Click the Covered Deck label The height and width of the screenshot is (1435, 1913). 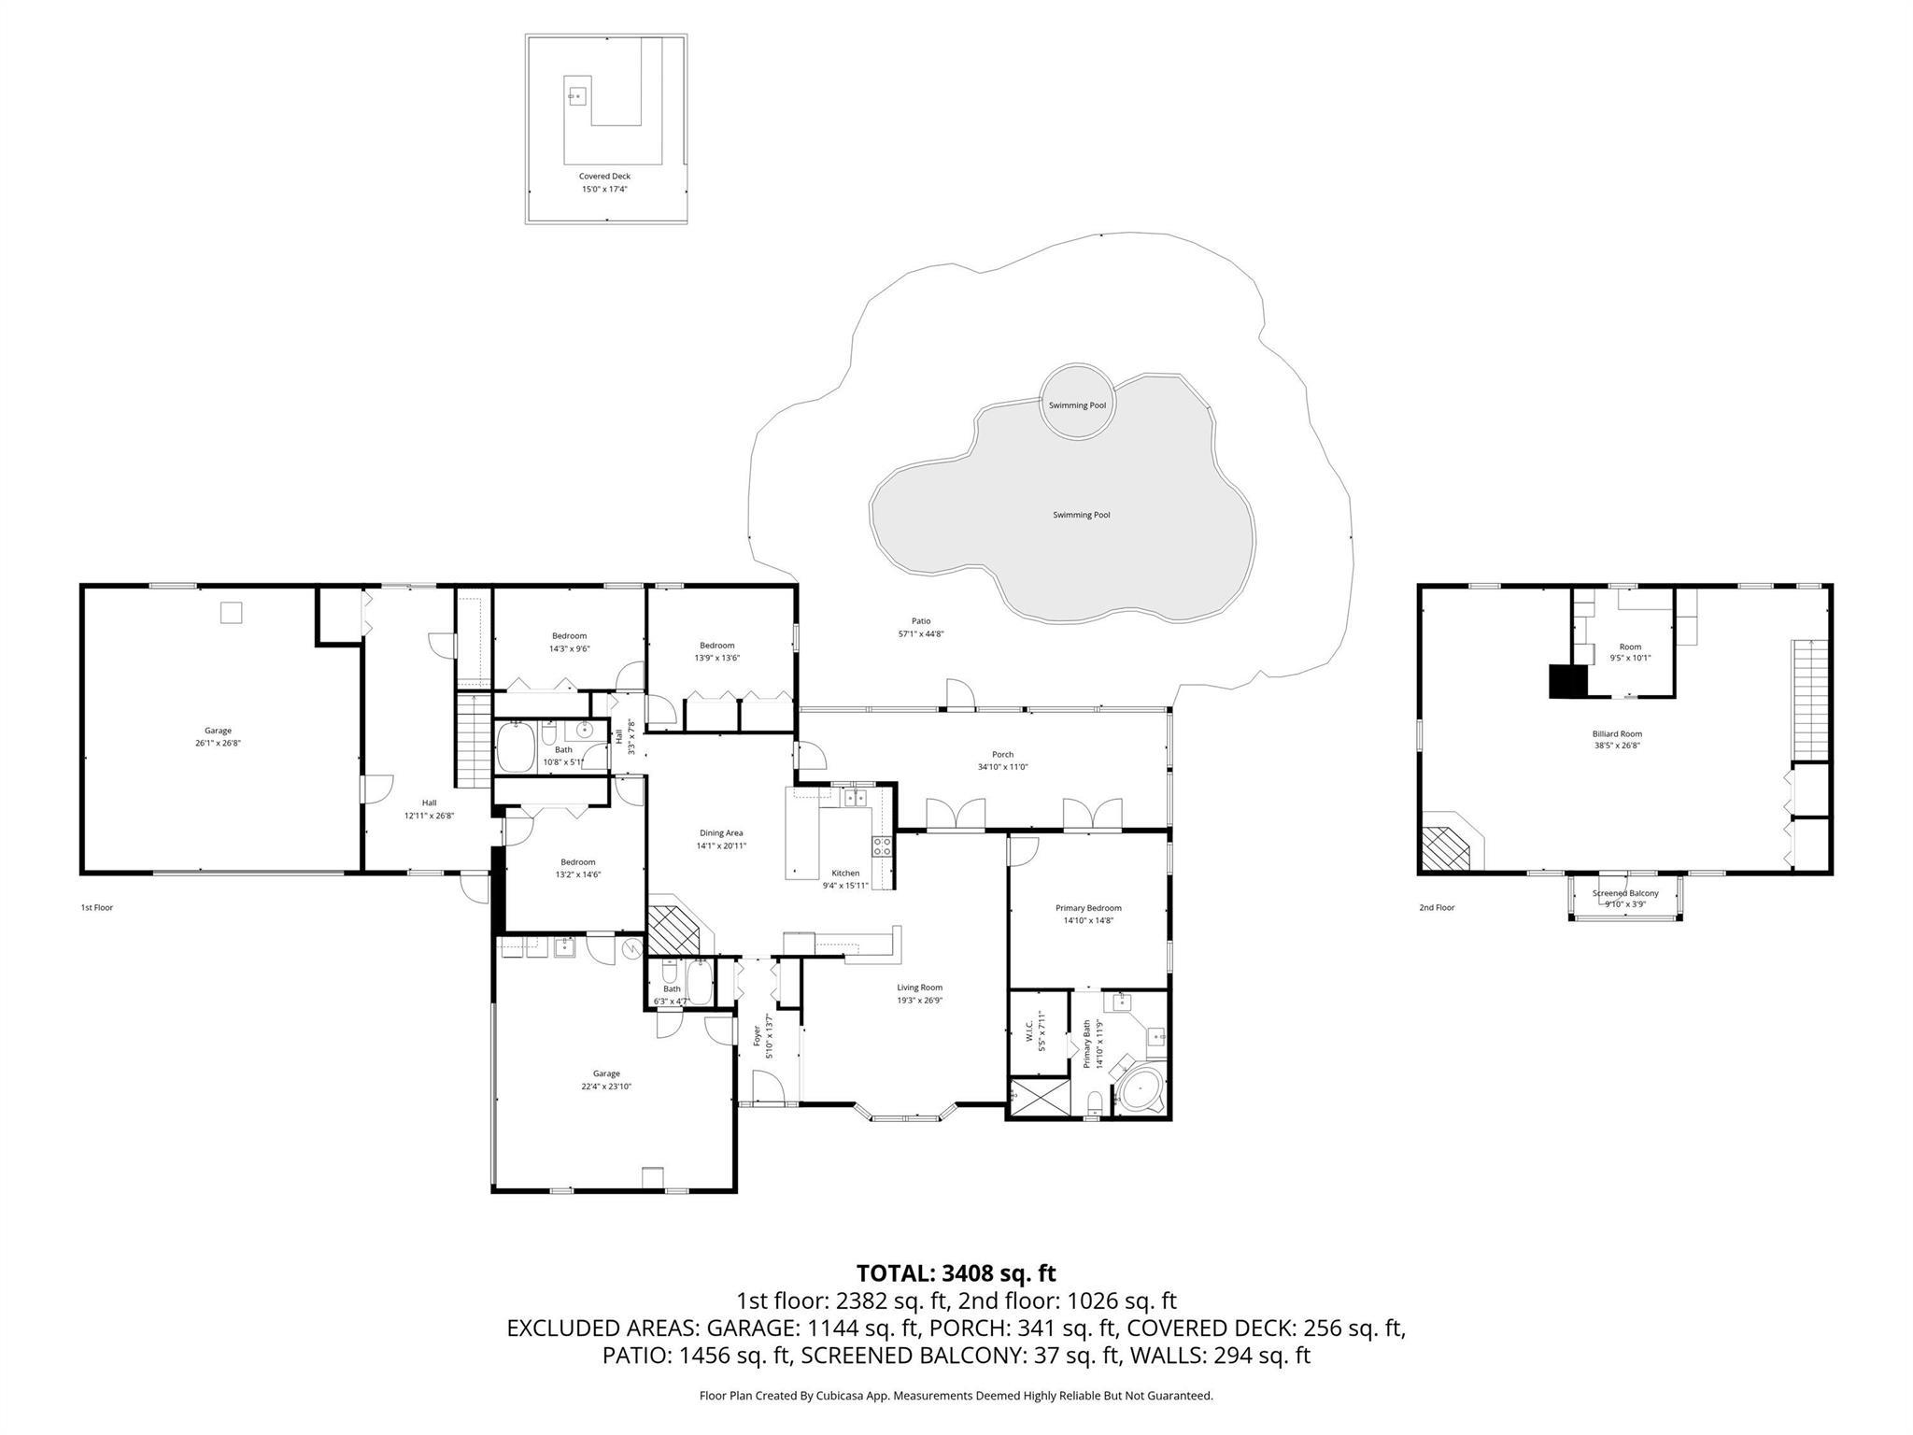click(604, 176)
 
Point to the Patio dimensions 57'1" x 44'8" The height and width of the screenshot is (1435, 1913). click(920, 633)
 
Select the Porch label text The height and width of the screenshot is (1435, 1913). click(1002, 754)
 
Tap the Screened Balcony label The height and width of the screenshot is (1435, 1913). click(1625, 893)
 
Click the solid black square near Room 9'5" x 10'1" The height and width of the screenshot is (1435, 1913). click(1568, 681)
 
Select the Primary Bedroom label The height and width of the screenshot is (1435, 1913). click(1088, 907)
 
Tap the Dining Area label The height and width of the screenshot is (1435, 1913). click(721, 832)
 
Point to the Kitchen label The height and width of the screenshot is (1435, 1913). click(845, 873)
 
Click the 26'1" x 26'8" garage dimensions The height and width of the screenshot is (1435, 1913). click(218, 744)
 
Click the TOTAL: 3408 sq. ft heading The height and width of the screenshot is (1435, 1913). click(956, 1272)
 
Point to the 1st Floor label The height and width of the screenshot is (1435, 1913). click(96, 907)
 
